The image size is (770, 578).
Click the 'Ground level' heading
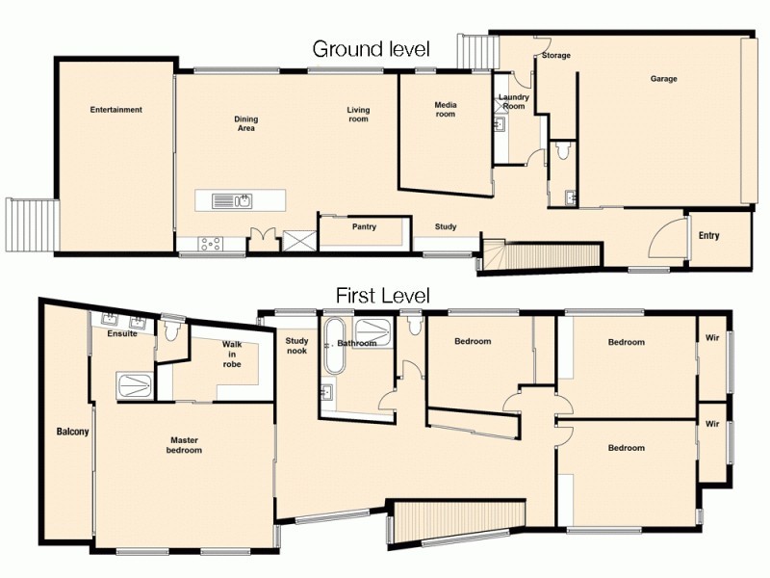click(370, 49)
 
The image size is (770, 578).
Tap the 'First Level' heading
click(382, 296)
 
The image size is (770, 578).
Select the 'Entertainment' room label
click(116, 110)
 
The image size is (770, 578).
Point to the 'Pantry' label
click(364, 227)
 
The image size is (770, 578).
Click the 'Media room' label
click(445, 109)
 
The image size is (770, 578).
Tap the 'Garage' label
click(664, 79)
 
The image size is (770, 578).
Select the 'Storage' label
click(555, 56)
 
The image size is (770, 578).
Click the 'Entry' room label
click(709, 236)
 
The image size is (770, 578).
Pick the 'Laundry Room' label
click(514, 101)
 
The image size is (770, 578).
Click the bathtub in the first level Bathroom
click(335, 348)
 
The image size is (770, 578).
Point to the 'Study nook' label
click(296, 345)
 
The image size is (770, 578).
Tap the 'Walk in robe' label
click(232, 355)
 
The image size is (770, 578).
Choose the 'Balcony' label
click(72, 432)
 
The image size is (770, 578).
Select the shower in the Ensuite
click(134, 385)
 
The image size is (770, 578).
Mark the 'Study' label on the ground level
click(446, 227)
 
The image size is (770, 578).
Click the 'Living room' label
click(358, 115)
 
